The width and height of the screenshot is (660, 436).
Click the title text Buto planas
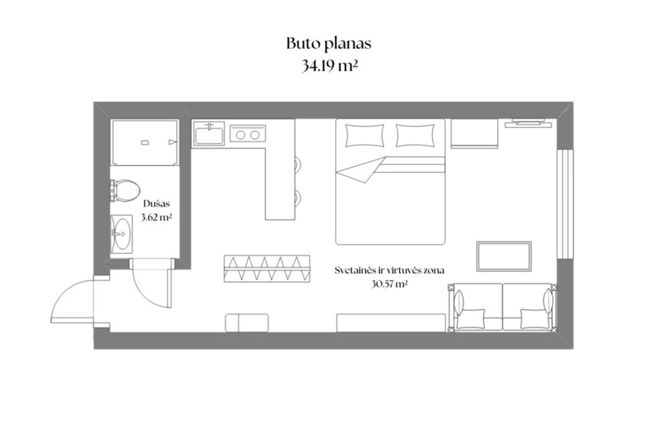[329, 44]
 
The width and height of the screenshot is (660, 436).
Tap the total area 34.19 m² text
[330, 66]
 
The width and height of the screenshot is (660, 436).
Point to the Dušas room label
[156, 204]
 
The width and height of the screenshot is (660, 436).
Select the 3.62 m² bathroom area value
[156, 218]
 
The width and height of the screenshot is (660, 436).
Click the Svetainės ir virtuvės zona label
[389, 270]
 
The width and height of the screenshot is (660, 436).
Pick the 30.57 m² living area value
[389, 284]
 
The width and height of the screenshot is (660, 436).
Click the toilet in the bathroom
[125, 190]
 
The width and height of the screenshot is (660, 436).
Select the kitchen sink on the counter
[210, 133]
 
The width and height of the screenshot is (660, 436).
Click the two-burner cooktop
[248, 135]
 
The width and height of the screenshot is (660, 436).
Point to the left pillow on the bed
[365, 135]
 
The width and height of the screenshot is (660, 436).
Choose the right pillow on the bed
[415, 135]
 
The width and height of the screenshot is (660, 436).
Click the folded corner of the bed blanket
[361, 170]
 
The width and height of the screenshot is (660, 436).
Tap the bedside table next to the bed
[474, 133]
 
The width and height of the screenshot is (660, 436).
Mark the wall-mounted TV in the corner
[528, 123]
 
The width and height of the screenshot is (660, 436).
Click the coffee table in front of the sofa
[504, 256]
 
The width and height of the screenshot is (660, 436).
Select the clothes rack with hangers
[267, 268]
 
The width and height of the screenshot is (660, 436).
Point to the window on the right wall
[565, 203]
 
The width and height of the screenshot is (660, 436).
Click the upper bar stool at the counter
[298, 164]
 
